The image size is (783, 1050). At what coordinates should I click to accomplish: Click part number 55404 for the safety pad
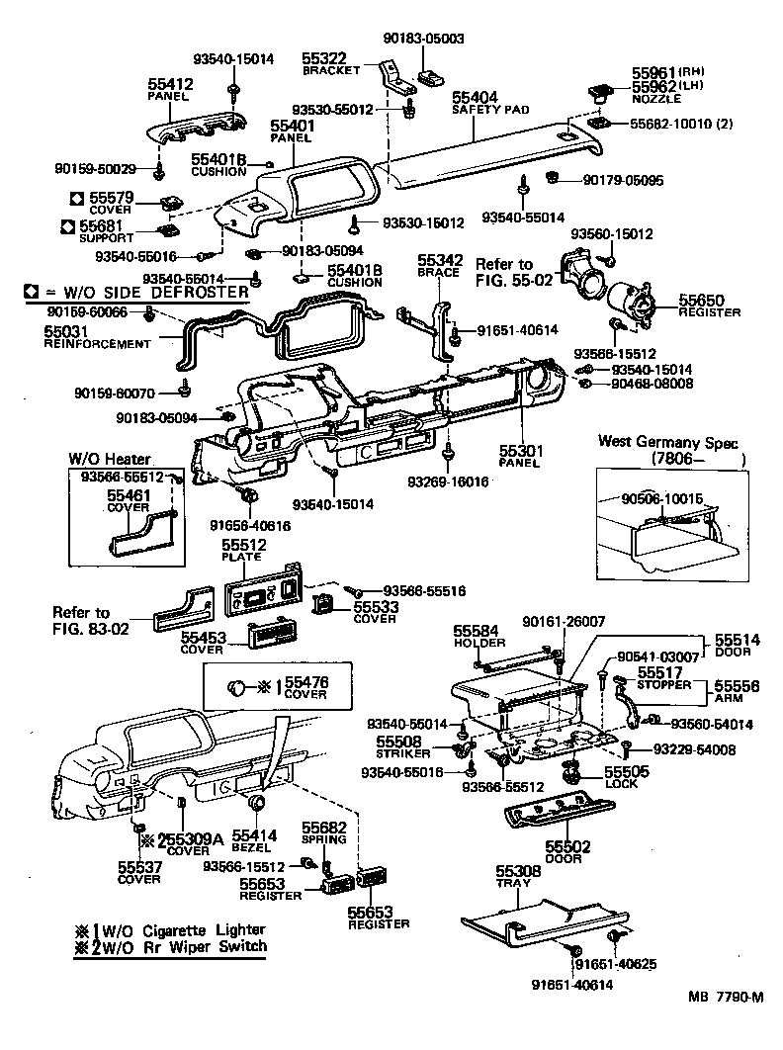[x=476, y=98]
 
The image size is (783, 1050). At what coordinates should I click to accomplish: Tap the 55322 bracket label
[x=323, y=60]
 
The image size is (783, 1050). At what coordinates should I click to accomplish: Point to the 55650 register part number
[x=701, y=299]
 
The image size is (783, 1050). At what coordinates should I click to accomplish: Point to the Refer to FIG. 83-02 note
[x=82, y=620]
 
